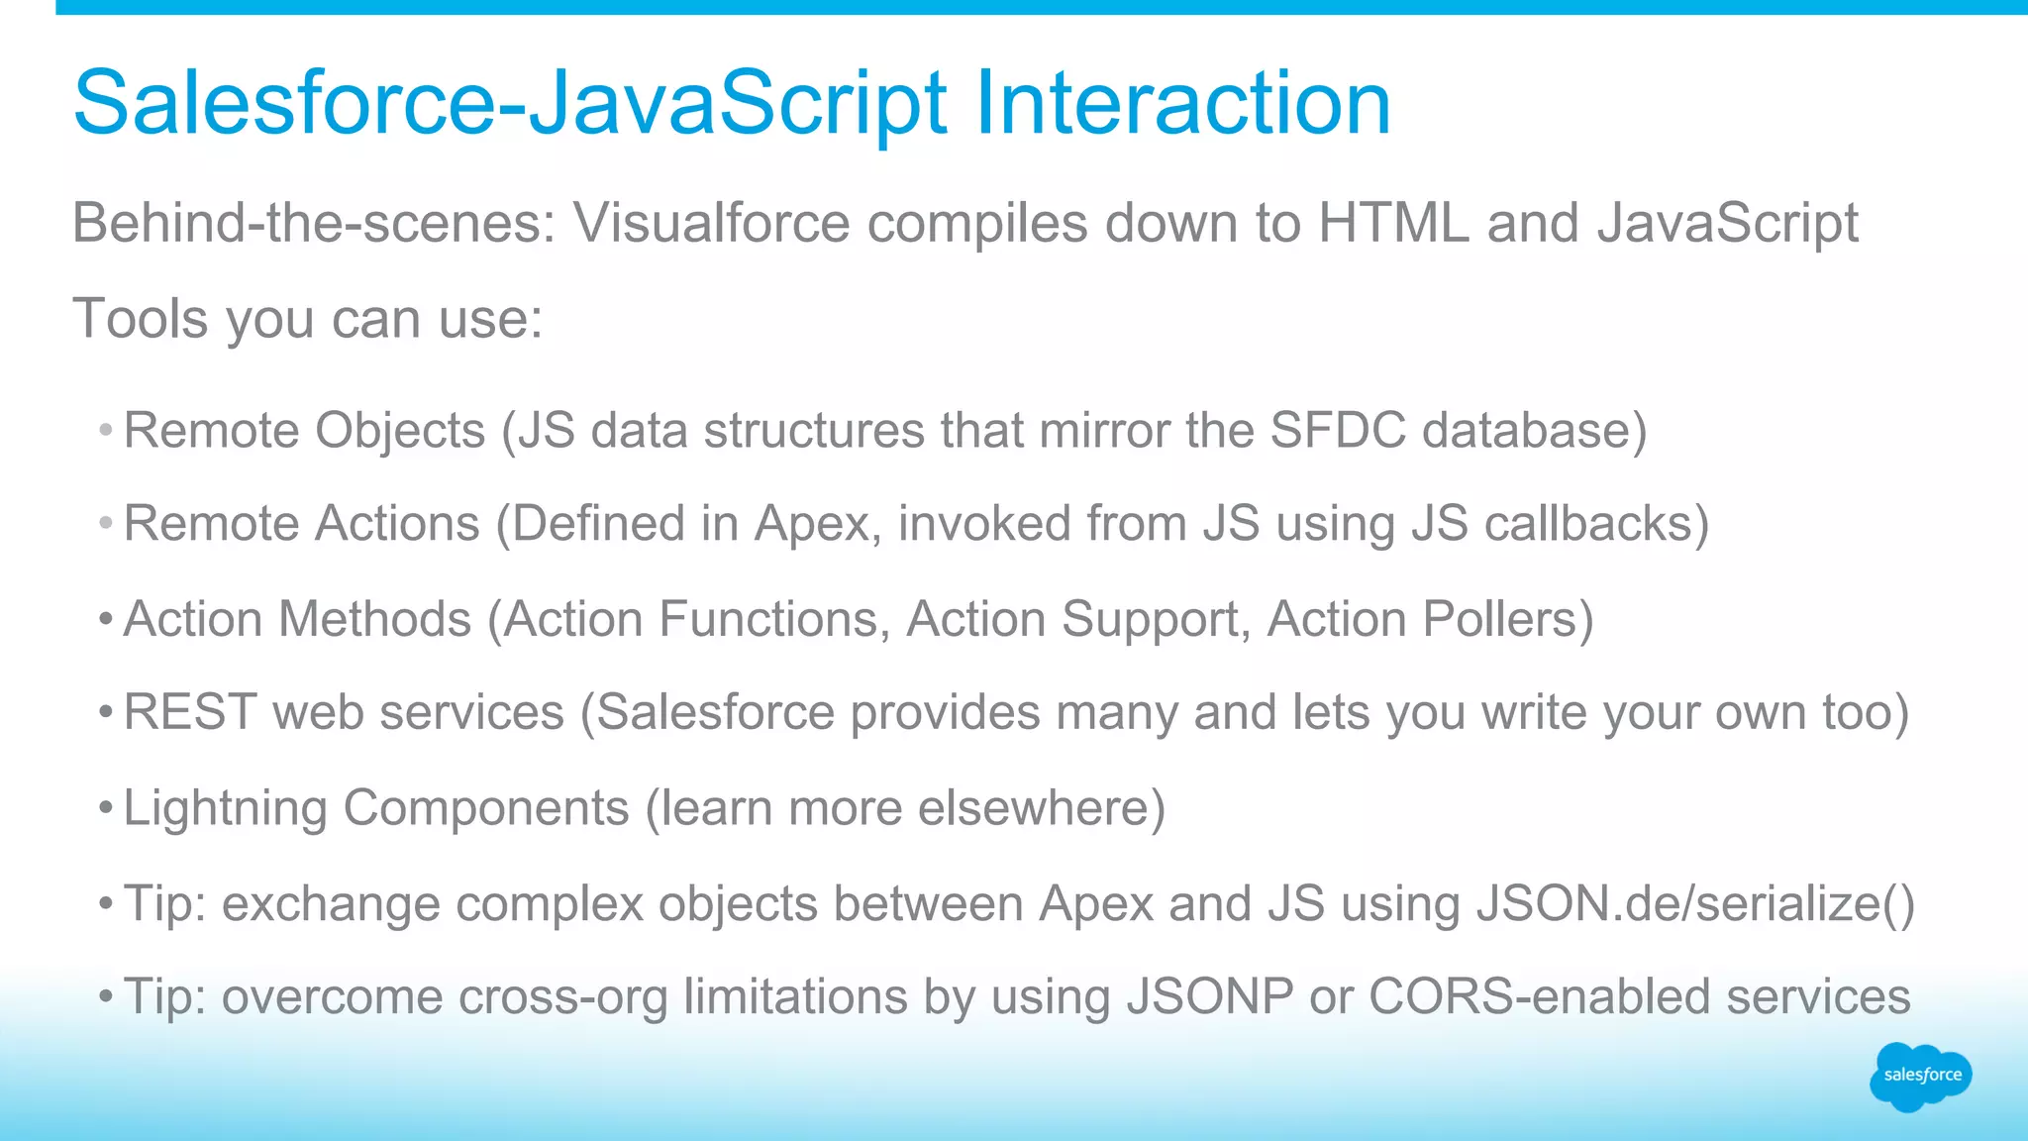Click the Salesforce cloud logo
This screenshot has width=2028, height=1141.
(x=1920, y=1076)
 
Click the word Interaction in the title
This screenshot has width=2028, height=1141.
(x=1183, y=103)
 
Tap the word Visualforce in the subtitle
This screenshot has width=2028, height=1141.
(x=711, y=223)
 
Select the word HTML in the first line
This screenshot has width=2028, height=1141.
(x=1393, y=223)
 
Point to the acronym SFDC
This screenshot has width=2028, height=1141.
(x=1338, y=431)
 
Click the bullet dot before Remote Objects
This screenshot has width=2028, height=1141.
(x=106, y=431)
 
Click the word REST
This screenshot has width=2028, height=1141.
(x=190, y=713)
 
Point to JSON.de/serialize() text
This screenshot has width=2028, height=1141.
(x=1694, y=903)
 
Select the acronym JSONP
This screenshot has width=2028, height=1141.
(x=1210, y=997)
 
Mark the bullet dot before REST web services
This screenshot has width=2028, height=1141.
(x=106, y=713)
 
